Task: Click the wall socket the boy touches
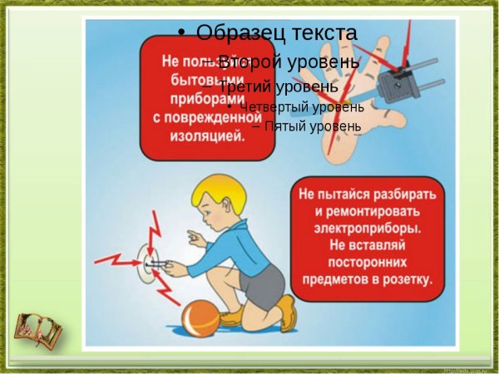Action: click(150, 263)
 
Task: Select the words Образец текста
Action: click(277, 32)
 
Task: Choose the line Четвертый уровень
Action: click(301, 106)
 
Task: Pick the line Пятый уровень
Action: click(312, 126)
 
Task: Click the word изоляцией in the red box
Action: click(207, 137)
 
